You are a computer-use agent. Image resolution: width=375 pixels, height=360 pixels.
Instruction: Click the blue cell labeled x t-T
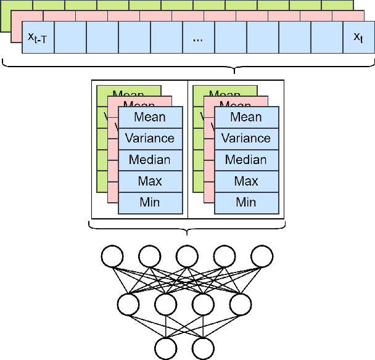[38, 38]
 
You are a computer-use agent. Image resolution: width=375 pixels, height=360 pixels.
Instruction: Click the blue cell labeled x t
[358, 38]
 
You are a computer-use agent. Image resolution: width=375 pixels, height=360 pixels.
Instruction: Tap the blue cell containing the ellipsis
[198, 38]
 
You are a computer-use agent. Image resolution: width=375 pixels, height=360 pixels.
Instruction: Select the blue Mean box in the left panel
[150, 117]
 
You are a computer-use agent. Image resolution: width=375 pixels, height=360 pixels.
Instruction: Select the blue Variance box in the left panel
[150, 138]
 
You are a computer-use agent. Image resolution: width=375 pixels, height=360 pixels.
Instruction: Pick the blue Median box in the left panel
[150, 160]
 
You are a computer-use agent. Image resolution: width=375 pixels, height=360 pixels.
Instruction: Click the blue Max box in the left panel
[150, 181]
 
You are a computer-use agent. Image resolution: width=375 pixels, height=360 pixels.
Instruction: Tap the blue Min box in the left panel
[150, 202]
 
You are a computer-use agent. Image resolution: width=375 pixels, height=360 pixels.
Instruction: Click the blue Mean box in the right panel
[246, 117]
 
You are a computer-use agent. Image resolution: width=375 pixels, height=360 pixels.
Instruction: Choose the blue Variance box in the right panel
[246, 138]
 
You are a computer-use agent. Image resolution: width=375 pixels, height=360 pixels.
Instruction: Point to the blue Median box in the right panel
[246, 160]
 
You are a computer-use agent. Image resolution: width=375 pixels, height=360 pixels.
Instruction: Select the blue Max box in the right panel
[246, 181]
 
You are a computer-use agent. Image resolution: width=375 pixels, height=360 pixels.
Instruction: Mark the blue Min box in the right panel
[246, 202]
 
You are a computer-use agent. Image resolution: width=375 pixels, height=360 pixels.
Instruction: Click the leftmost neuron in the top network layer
[112, 256]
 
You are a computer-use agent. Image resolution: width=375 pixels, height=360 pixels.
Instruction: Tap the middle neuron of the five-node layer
[187, 256]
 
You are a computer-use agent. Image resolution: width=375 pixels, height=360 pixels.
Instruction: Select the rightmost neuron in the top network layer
[262, 256]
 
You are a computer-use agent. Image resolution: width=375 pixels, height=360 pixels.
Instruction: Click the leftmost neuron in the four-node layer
[128, 303]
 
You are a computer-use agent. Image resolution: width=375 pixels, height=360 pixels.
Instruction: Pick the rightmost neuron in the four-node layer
[241, 303]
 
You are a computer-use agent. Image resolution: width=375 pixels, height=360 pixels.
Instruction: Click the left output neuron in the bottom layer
[166, 348]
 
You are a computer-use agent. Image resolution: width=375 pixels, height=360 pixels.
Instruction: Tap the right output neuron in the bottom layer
[203, 348]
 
